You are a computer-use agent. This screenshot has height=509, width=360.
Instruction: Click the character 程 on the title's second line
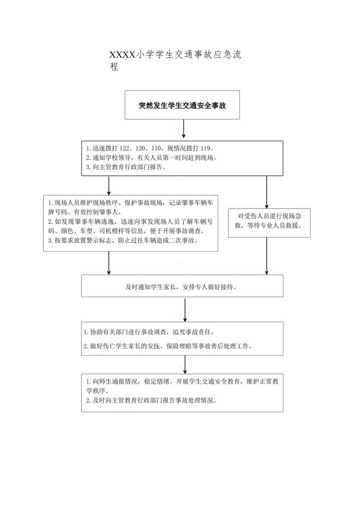(x=114, y=67)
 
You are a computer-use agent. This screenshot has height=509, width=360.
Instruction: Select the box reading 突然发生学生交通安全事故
(x=182, y=105)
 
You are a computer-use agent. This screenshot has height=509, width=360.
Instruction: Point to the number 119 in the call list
(x=205, y=149)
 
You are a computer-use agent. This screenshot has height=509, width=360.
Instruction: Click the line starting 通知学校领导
(x=151, y=158)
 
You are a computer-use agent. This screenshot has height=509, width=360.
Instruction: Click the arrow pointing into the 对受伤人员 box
(x=267, y=192)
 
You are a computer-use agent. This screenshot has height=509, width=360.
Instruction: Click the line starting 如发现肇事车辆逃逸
(x=130, y=221)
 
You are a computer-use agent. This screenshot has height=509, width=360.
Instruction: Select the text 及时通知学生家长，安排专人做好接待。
(x=182, y=286)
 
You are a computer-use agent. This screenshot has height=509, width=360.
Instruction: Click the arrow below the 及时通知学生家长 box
(x=185, y=310)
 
